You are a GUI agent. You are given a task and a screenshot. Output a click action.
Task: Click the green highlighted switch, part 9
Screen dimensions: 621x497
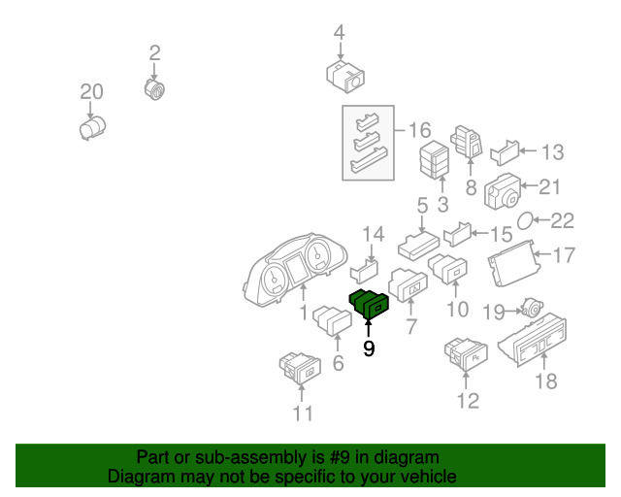pyautogui.click(x=369, y=305)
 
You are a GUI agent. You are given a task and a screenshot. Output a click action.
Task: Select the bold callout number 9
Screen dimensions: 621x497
pyautogui.click(x=369, y=348)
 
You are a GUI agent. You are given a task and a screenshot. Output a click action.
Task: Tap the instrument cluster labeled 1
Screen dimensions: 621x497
pyautogui.click(x=295, y=270)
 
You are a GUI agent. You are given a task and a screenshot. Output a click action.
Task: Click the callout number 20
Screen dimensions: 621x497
pyautogui.click(x=91, y=92)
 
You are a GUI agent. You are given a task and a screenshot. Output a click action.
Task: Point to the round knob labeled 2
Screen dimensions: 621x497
pyautogui.click(x=154, y=89)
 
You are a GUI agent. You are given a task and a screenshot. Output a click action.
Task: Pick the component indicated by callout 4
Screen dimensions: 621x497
pyautogui.click(x=345, y=77)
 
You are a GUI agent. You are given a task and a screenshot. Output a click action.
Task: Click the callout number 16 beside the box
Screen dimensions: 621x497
pyautogui.click(x=419, y=130)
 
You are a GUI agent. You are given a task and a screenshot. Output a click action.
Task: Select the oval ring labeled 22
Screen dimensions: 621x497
pyautogui.click(x=525, y=220)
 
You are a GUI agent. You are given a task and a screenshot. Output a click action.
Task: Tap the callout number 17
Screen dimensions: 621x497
pyautogui.click(x=564, y=255)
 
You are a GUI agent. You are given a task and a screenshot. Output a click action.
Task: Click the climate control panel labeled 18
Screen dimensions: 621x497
pyautogui.click(x=533, y=339)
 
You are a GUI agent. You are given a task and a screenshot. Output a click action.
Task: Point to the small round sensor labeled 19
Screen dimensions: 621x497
pyautogui.click(x=532, y=307)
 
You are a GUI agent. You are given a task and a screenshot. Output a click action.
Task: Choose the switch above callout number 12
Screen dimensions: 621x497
pyautogui.click(x=466, y=353)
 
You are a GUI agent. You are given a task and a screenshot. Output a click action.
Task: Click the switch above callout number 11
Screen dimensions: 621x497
pyautogui.click(x=300, y=368)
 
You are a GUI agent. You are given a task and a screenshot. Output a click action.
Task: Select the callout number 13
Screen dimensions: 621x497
pyautogui.click(x=552, y=152)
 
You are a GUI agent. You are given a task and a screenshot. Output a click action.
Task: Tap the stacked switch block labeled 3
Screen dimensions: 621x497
pyautogui.click(x=435, y=160)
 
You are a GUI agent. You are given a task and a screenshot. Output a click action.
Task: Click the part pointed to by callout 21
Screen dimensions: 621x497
pyautogui.click(x=503, y=191)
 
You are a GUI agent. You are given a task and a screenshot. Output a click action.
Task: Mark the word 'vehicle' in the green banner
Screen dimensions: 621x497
pyautogui.click(x=431, y=477)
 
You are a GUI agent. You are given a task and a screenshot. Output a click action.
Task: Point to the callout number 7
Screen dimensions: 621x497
pyautogui.click(x=411, y=326)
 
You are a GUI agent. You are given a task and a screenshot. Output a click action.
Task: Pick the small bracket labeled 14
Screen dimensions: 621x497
pyautogui.click(x=364, y=272)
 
